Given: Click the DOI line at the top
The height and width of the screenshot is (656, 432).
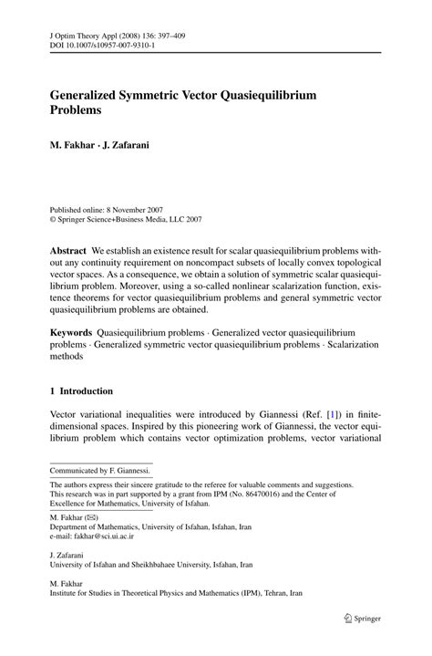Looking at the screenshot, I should coord(101,44).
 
